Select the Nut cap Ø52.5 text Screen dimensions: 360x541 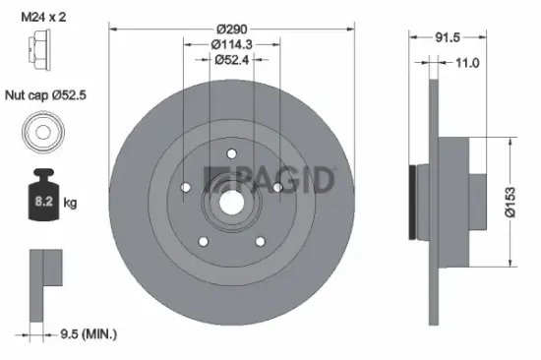(46, 96)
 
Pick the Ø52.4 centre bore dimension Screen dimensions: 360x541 (233, 59)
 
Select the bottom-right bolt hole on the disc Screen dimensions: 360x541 (261, 240)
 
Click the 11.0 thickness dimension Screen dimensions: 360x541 (467, 63)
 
